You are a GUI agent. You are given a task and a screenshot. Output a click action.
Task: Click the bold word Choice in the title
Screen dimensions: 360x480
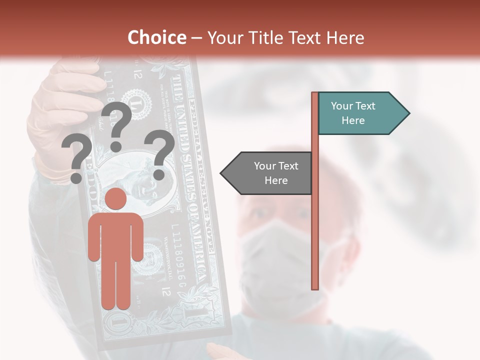156,37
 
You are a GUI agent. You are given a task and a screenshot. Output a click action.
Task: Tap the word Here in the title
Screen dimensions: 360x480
345,37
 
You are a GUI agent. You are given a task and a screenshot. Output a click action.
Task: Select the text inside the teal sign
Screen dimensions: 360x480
353,113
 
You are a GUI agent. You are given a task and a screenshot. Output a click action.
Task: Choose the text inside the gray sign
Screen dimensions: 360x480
276,173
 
